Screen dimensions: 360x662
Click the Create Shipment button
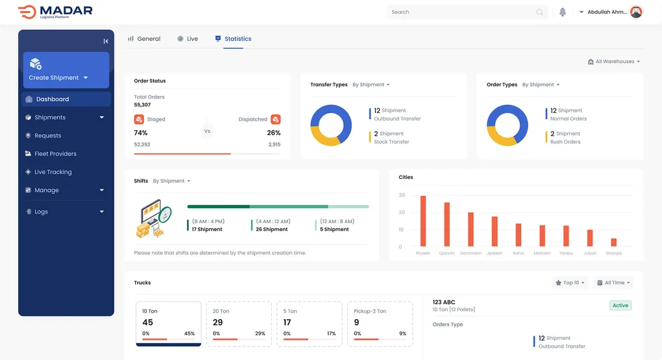[x=66, y=70]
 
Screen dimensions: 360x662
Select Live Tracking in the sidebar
[x=53, y=172]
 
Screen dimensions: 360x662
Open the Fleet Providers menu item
[x=55, y=154]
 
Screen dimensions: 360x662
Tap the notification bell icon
[x=563, y=12]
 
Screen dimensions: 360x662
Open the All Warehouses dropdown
[x=614, y=62]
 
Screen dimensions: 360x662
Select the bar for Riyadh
[x=423, y=221]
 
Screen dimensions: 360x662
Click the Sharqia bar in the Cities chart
[x=614, y=243]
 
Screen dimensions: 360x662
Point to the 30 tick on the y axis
[x=402, y=195]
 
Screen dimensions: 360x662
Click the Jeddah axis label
[x=495, y=253]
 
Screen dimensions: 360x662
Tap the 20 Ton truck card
[x=239, y=323]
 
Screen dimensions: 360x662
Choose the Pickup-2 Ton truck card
[x=380, y=323]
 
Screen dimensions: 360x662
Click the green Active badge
[x=620, y=306]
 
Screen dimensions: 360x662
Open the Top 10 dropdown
[x=570, y=283]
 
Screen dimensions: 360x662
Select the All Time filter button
[x=614, y=283]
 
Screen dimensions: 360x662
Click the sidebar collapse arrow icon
[x=106, y=41]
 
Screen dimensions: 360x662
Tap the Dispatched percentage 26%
[x=273, y=133]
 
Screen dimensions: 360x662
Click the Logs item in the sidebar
[x=42, y=212]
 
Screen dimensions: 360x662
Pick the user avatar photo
[x=636, y=12]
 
